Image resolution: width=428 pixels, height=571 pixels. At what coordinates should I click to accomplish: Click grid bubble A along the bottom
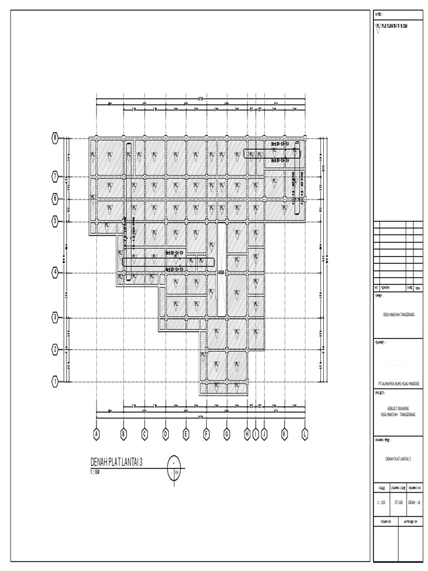(x=96, y=433)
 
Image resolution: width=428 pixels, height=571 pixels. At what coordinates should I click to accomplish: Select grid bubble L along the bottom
(x=305, y=433)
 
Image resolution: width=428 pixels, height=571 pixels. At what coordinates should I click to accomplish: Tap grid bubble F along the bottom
(x=206, y=433)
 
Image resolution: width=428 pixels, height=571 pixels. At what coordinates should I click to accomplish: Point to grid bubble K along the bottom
(x=284, y=433)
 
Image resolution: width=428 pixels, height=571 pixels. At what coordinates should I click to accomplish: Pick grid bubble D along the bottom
(x=166, y=433)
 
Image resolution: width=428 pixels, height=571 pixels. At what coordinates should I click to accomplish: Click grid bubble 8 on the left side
(x=55, y=138)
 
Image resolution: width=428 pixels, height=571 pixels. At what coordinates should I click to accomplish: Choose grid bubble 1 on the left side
(x=55, y=381)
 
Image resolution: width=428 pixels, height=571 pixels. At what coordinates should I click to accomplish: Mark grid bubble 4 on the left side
(x=55, y=272)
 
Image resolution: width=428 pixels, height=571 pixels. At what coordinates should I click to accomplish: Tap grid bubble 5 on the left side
(x=55, y=221)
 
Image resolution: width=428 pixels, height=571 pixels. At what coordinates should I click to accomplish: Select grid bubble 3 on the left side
(x=55, y=317)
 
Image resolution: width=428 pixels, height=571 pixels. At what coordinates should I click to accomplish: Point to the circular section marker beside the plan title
(x=174, y=467)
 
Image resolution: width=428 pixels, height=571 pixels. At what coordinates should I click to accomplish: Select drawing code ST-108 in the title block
(x=398, y=502)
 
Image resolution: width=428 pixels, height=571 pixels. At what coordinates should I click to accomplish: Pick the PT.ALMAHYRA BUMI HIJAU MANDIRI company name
(x=398, y=384)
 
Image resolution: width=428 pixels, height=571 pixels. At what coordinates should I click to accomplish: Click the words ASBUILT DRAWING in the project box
(x=398, y=409)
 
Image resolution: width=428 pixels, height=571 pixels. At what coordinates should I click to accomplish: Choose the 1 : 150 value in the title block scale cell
(x=382, y=502)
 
